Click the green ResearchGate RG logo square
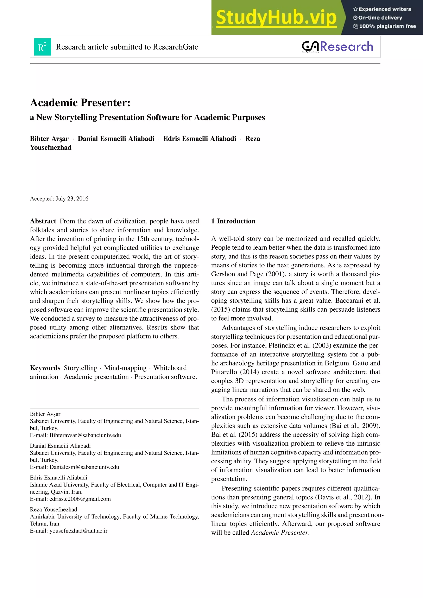click(x=43, y=47)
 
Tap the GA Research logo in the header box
click(x=337, y=47)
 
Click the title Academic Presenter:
click(x=80, y=103)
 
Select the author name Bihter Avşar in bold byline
click(x=49, y=139)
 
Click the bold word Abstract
click(x=43, y=221)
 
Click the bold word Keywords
click(x=45, y=368)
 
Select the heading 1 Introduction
click(x=233, y=221)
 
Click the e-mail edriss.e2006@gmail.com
click(x=80, y=499)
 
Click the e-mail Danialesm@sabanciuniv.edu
click(x=84, y=467)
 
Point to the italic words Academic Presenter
click(x=279, y=533)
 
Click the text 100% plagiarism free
click(x=387, y=26)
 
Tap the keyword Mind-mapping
click(x=125, y=368)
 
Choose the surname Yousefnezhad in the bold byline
click(x=51, y=147)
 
